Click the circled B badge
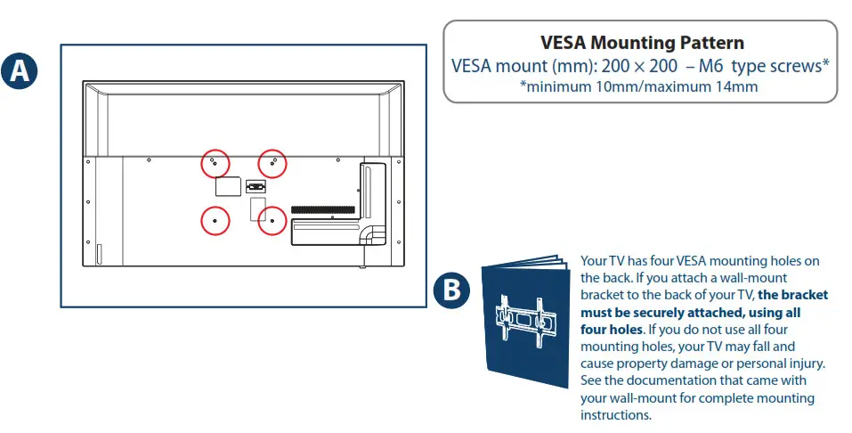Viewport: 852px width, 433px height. pos(452,291)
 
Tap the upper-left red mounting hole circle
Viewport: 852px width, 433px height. pos(214,164)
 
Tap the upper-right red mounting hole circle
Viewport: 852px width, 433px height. pos(272,164)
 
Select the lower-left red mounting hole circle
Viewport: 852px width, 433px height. pos(214,220)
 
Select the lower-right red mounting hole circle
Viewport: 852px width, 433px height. pos(272,220)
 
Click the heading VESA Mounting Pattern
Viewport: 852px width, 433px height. pos(641,43)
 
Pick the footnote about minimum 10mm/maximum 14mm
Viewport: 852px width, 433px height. pos(640,86)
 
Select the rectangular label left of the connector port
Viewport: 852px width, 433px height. pos(229,186)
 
